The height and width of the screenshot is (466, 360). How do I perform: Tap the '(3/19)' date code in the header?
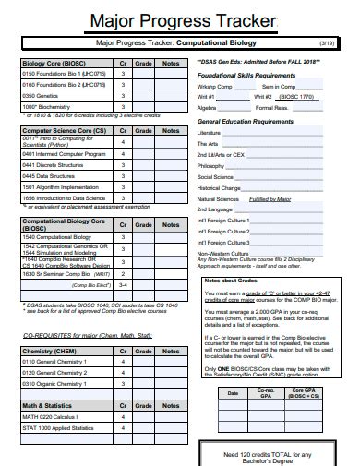click(327, 43)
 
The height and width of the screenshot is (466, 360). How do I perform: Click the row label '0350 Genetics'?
click(43, 95)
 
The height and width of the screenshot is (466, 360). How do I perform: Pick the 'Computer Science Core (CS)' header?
click(63, 131)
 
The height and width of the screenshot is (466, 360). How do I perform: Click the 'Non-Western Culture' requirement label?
click(222, 253)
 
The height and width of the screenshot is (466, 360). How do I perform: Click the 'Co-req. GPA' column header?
click(265, 393)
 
